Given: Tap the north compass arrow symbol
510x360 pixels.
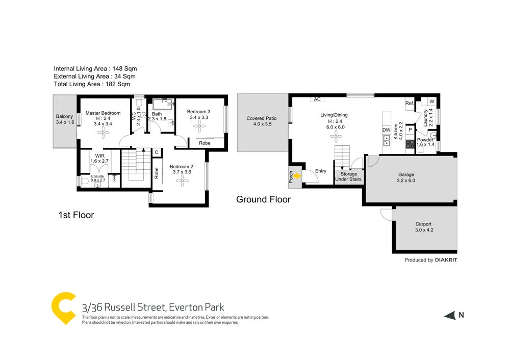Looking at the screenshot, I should [449, 316].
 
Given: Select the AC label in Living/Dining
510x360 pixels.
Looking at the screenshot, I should [317, 99].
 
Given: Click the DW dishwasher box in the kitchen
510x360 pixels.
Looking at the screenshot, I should [387, 130].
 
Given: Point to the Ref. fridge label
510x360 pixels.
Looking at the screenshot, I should [409, 104].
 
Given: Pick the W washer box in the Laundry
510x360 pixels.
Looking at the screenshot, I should [431, 101].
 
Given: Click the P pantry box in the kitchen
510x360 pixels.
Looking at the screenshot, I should [410, 130].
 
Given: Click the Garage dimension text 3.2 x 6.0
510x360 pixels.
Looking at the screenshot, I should [406, 181].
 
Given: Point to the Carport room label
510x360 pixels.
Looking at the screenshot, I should [423, 224].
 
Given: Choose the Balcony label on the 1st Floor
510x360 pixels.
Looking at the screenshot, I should [64, 116].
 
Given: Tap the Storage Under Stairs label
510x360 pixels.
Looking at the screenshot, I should [349, 176].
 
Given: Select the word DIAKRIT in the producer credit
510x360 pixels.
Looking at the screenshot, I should [446, 260].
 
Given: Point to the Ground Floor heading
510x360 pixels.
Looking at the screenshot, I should [263, 199].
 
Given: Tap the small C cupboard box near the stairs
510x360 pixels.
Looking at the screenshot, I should [157, 152].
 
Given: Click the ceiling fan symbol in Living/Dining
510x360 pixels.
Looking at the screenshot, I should [336, 136].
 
